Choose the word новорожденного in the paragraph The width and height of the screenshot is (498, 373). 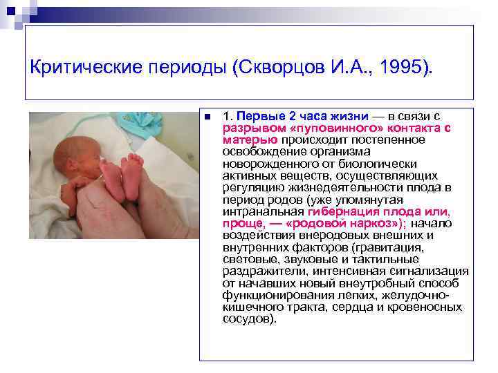tap(266, 164)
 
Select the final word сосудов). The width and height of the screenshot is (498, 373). tap(249, 318)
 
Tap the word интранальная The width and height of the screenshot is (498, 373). tap(263, 211)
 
